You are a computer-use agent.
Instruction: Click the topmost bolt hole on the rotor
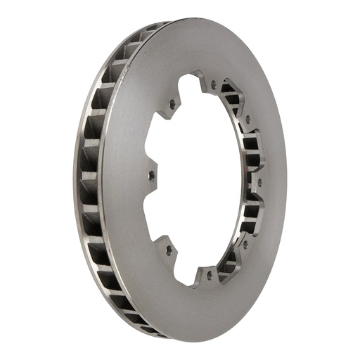213,85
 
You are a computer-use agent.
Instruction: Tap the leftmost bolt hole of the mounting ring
152,176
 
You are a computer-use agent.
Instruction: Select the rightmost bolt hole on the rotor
259,183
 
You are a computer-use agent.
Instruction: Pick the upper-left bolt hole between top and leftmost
172,105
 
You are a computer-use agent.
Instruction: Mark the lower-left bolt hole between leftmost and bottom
168,248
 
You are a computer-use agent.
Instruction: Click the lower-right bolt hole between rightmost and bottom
245,244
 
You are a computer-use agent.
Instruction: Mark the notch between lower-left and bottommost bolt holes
184,271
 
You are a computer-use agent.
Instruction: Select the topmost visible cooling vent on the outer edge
156,30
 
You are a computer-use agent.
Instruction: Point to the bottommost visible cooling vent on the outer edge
150,328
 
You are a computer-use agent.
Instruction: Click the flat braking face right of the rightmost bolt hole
274,184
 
